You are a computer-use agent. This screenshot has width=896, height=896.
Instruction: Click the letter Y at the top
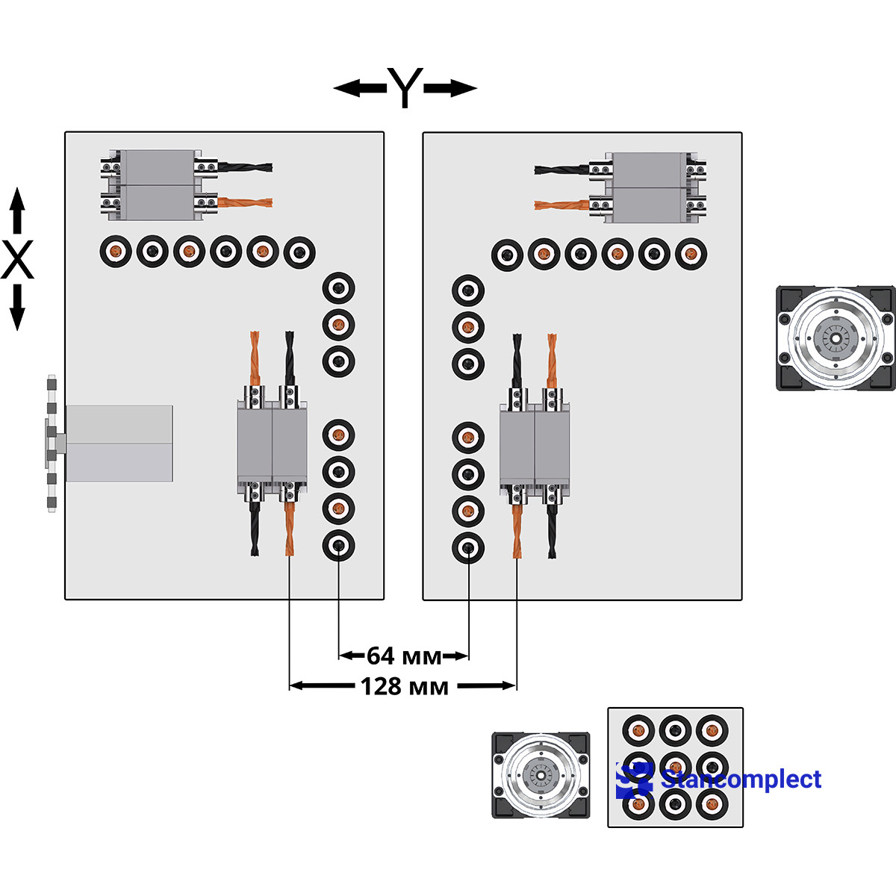(x=405, y=88)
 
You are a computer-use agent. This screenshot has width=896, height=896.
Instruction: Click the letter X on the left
(x=17, y=260)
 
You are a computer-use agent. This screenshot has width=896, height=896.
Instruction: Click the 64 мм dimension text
(x=404, y=656)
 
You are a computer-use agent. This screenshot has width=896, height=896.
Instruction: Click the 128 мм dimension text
(x=404, y=685)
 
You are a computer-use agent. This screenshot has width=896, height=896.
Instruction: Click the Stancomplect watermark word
(x=741, y=780)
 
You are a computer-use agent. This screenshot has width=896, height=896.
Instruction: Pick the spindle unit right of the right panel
(x=835, y=338)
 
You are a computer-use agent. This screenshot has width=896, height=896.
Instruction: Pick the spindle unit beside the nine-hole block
(x=541, y=775)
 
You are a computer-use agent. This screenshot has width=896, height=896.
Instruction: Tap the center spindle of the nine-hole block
(x=676, y=767)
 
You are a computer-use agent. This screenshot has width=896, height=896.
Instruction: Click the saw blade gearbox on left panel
(x=119, y=444)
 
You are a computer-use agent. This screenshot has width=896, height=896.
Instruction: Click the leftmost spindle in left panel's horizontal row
(x=116, y=252)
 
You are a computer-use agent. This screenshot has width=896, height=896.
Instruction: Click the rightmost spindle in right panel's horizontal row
(x=691, y=254)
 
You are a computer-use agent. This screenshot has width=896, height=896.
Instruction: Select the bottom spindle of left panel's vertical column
(x=338, y=546)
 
